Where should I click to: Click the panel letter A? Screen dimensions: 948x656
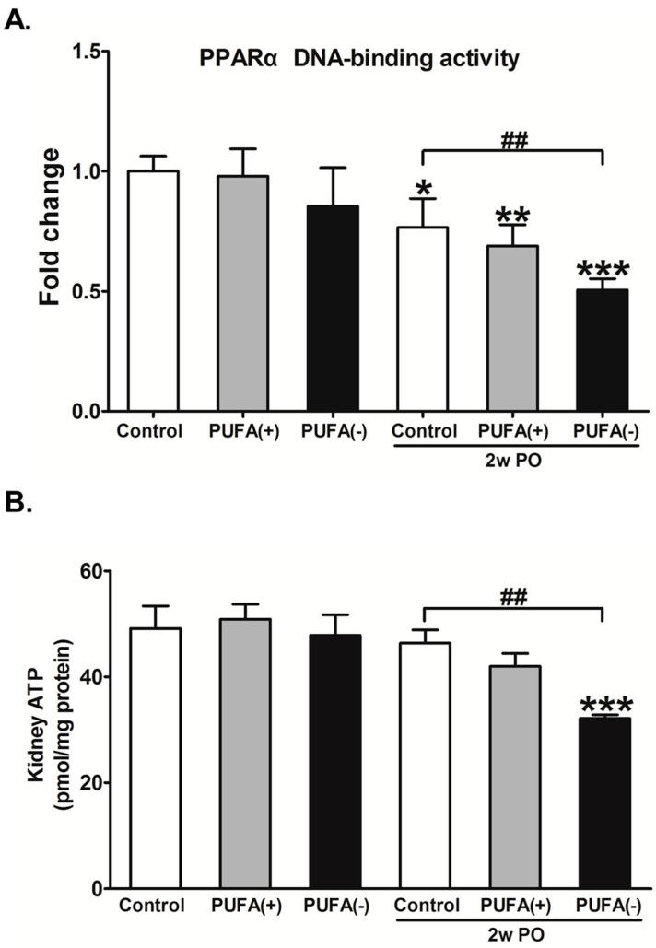[18, 18]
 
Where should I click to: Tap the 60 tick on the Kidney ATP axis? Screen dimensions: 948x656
[89, 571]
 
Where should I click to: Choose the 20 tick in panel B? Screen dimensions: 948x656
[89, 783]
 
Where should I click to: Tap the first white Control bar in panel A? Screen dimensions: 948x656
[154, 291]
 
